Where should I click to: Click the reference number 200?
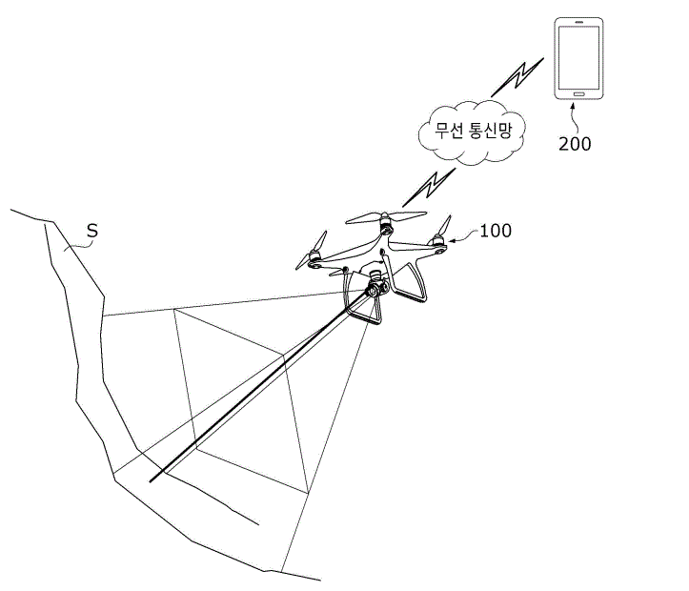tap(575, 144)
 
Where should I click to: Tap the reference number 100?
tap(496, 231)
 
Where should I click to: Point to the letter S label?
tap(92, 231)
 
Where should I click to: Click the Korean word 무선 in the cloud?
tap(448, 131)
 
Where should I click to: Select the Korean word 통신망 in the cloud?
tap(491, 131)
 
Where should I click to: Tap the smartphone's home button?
tap(578, 94)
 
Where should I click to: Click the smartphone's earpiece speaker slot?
tap(578, 22)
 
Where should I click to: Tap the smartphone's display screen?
tap(578, 57)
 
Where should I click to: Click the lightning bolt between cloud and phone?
tap(518, 77)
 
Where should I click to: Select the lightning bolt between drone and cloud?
tap(429, 188)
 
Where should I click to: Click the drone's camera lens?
tap(374, 291)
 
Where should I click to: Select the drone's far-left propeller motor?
tap(314, 258)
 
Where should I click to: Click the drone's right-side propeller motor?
tap(438, 243)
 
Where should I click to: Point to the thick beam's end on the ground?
tap(151, 481)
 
